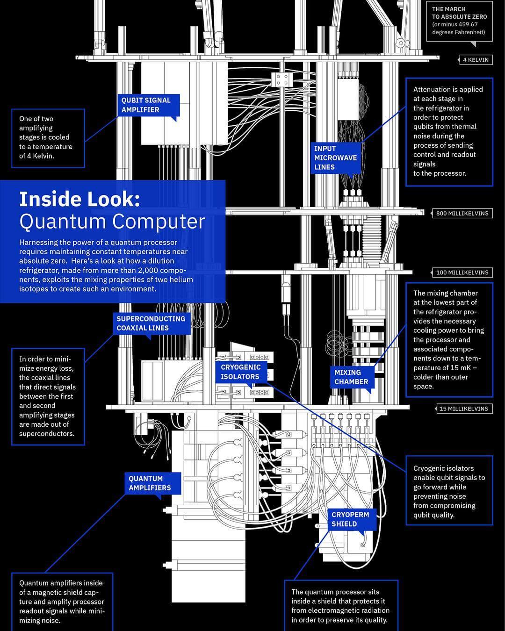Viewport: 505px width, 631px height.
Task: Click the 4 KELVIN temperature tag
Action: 475,60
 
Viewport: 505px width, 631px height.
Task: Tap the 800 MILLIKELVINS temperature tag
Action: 462,213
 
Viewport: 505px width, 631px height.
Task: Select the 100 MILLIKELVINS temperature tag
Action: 462,272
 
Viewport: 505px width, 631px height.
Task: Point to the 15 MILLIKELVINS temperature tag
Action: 463,409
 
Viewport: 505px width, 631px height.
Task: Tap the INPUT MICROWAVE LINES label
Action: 335,158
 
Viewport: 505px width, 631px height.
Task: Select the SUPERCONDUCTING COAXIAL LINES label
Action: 151,323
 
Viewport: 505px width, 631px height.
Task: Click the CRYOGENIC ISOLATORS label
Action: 241,372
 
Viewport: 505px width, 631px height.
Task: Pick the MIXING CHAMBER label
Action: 352,377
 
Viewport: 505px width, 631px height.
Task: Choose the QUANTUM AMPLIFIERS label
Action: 150,483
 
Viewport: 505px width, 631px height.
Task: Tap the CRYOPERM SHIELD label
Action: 350,519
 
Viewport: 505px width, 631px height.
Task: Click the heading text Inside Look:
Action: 79,200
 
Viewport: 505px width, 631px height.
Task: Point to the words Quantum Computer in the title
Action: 112,222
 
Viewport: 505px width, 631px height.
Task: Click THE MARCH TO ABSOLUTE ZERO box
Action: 459,21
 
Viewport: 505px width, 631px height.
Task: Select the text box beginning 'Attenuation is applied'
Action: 449,132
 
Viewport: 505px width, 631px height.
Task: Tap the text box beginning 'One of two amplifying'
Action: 48,138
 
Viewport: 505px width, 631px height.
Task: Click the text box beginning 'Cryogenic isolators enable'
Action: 449,491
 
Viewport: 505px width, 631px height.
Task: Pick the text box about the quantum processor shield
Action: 341,606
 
